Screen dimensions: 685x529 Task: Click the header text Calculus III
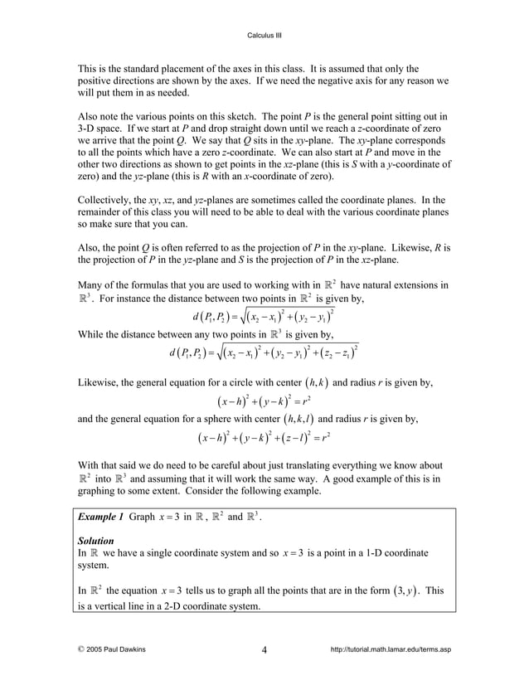[264, 35]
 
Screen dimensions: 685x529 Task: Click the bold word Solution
[95, 540]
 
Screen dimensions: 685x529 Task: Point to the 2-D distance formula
[264, 317]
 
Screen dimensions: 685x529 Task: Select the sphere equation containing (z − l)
[264, 434]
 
